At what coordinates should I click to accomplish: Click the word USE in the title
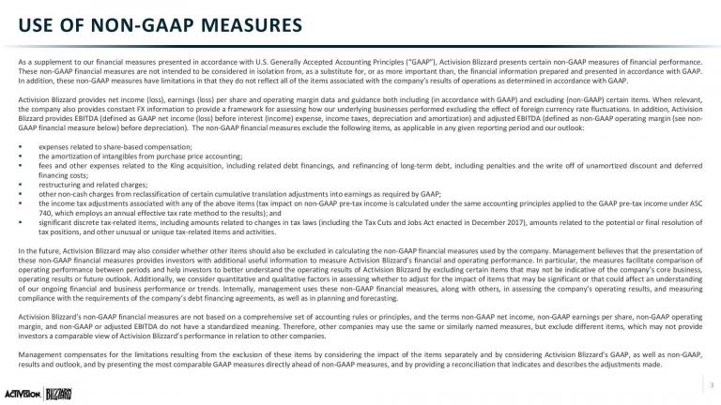coord(33,22)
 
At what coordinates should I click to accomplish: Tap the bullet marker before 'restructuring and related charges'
coord(21,182)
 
